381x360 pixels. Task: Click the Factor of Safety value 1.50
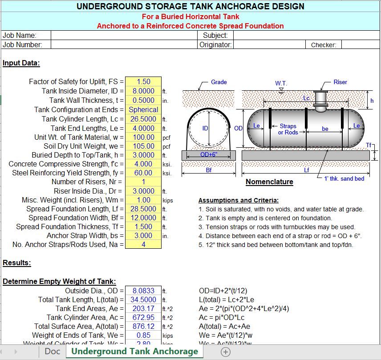[x=143, y=82]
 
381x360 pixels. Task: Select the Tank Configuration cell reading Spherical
[x=143, y=109]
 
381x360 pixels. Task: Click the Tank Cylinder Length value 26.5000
[x=143, y=119]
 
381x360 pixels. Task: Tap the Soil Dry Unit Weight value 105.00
[x=143, y=146]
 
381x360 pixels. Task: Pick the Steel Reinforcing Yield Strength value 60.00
[x=143, y=173]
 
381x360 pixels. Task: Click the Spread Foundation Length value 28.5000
[x=143, y=209]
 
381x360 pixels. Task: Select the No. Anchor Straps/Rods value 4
[x=143, y=244]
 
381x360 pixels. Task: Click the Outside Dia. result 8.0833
[x=143, y=291]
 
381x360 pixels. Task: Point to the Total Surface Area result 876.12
[x=143, y=326]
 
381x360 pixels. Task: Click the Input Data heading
[x=21, y=63]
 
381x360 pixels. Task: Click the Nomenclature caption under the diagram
[x=269, y=182]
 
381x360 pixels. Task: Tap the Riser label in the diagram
[x=340, y=82]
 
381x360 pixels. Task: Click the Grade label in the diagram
[x=219, y=82]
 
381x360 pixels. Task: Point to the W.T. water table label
[x=281, y=83]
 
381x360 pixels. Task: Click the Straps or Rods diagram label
[x=288, y=129]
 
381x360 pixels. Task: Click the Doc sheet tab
[x=53, y=352]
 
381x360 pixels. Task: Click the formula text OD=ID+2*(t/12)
[x=224, y=291]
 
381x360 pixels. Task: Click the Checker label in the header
[x=324, y=44]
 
